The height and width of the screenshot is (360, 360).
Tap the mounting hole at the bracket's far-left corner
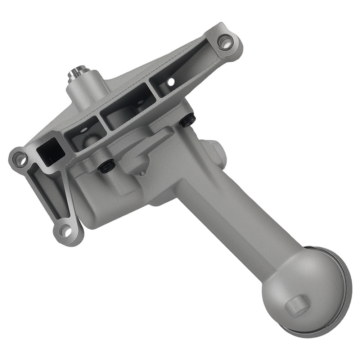tap(20, 158)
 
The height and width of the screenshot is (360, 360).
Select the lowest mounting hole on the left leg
tap(65, 230)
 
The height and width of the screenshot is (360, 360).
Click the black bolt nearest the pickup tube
tap(188, 120)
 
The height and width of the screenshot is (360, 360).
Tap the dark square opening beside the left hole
tap(50, 151)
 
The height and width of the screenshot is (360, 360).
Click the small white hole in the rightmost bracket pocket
tap(171, 82)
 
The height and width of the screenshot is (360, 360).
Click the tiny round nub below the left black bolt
tap(143, 174)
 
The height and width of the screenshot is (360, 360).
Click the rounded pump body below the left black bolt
tap(108, 202)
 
